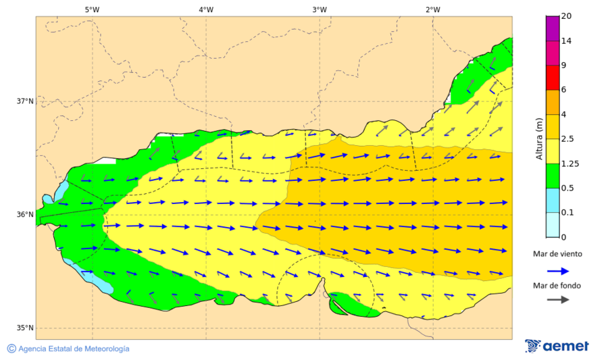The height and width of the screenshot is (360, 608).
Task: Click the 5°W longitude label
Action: [93, 9]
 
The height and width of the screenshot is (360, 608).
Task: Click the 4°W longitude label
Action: [206, 9]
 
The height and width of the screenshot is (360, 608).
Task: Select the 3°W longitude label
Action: [320, 9]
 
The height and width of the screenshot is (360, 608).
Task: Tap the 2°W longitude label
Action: [433, 9]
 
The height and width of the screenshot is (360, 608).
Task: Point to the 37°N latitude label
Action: [25, 101]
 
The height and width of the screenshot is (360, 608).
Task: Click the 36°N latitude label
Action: [25, 215]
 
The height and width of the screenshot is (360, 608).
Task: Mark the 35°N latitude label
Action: [25, 328]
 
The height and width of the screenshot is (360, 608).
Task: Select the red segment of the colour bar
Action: [553, 77]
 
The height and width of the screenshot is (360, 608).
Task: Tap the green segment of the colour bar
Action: [553, 175]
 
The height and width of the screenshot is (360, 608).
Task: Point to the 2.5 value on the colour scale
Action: [568, 139]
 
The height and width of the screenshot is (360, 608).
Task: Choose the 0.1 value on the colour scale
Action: [568, 212]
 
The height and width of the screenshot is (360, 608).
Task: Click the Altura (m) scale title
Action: [539, 138]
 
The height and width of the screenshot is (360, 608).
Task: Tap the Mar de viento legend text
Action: [557, 254]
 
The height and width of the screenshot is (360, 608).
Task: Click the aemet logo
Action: [557, 346]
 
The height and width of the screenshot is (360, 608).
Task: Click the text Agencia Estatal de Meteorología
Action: [74, 349]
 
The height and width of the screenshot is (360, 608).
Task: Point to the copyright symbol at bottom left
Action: [11, 349]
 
